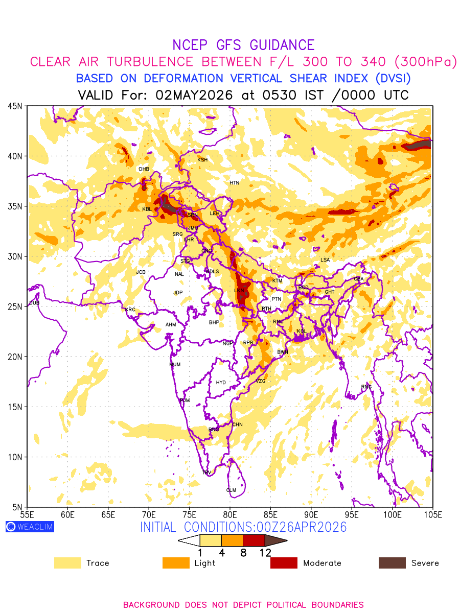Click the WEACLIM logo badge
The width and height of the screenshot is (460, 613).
coord(30,527)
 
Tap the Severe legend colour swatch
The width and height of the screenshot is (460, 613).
coord(392,563)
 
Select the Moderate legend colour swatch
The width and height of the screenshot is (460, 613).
coord(284,563)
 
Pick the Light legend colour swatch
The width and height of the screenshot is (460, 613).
coord(175,563)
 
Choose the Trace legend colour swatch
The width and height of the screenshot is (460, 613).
coord(67,563)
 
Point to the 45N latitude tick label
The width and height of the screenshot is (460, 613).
coord(15,106)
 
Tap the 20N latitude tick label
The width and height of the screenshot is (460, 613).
coord(15,357)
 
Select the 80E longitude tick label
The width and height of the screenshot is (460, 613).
coord(230,514)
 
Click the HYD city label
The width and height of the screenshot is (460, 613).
coord(221,383)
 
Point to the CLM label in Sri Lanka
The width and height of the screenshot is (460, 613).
coord(231,490)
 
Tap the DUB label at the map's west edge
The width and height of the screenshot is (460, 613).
coord(34,303)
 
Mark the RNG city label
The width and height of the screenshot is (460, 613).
coord(366,387)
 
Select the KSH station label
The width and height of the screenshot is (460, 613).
coord(202,160)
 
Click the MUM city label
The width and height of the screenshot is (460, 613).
coord(175,365)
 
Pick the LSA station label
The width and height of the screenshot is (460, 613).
coord(325,260)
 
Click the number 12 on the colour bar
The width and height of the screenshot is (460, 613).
coord(265,552)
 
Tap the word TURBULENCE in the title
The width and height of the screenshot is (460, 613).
coord(146,62)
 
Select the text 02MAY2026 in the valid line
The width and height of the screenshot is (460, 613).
coord(194,95)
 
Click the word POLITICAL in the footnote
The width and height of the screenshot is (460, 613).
coord(281,605)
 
